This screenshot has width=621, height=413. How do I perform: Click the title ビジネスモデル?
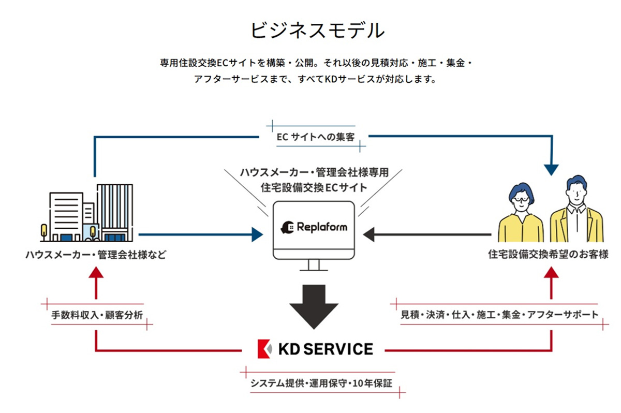coord(317,31)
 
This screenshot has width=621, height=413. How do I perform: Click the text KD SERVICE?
coord(325,349)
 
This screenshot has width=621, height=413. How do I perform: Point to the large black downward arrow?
coord(314,305)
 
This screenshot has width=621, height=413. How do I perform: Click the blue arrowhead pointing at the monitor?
coord(257,234)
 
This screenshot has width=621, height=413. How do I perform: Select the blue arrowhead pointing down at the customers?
coord(551,168)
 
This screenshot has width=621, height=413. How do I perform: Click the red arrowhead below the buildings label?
coord(96,273)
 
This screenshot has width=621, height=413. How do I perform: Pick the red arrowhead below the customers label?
coord(551,273)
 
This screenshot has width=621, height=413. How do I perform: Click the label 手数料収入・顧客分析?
coord(97,315)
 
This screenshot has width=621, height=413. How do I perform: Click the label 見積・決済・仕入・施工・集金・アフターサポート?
coord(499,314)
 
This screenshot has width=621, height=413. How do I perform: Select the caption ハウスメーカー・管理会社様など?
coord(96,255)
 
